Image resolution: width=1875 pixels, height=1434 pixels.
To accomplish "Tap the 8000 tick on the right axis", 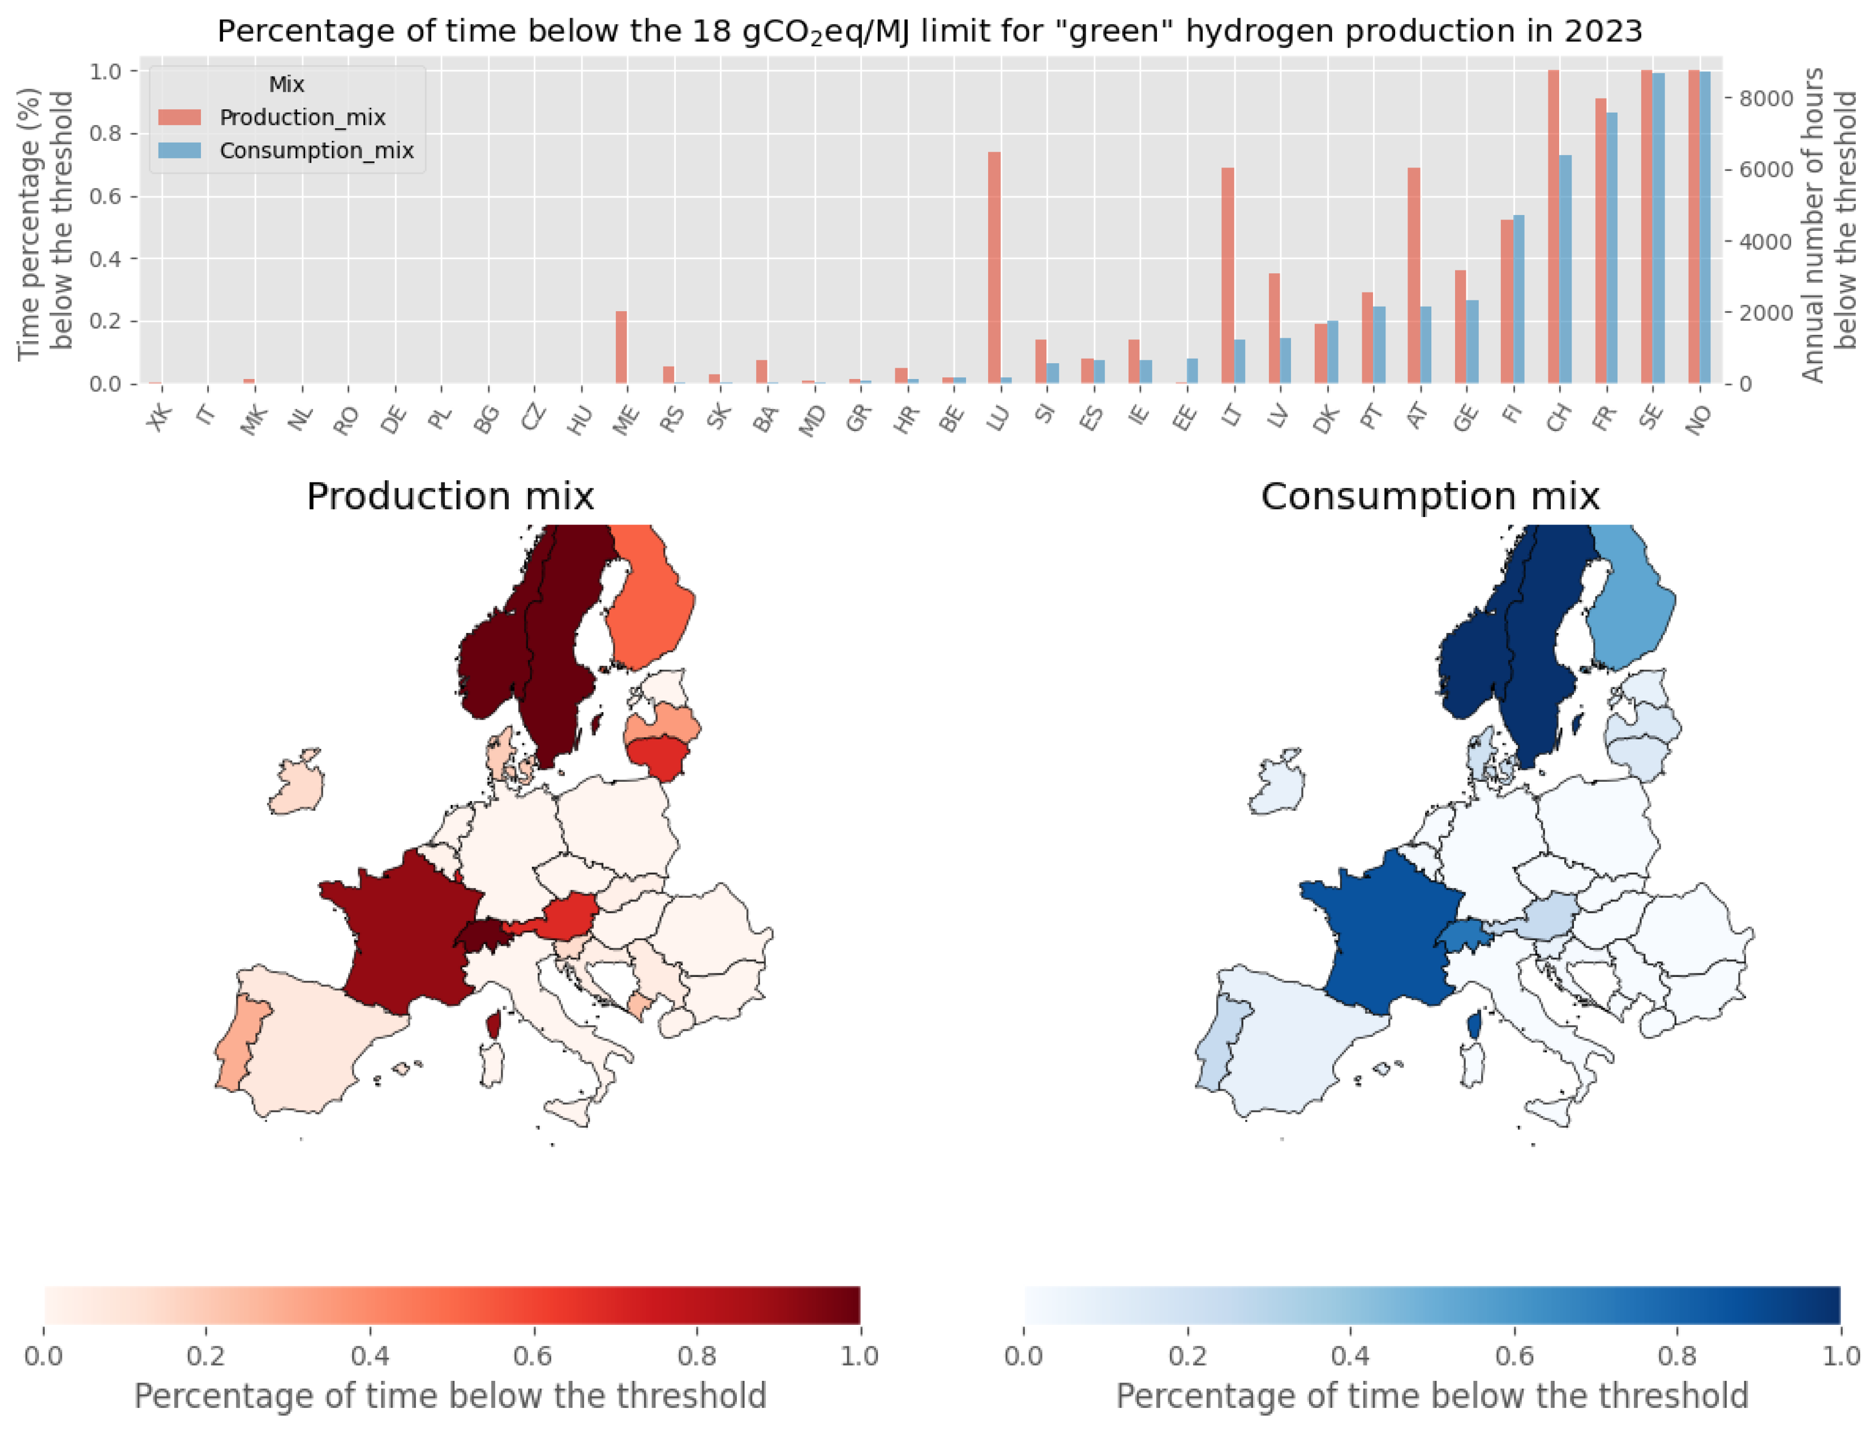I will [1767, 98].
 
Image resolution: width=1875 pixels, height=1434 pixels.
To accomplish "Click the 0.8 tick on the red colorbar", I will [697, 1355].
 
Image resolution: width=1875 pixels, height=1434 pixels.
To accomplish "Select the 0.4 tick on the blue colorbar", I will [1351, 1355].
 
